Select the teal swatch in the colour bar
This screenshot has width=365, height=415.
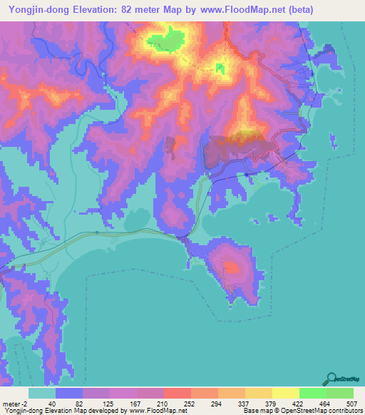pyautogui.click(x=42, y=394)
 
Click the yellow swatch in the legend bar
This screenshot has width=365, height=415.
pyautogui.click(x=285, y=394)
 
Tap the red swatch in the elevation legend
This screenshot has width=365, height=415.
pyautogui.click(x=177, y=394)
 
